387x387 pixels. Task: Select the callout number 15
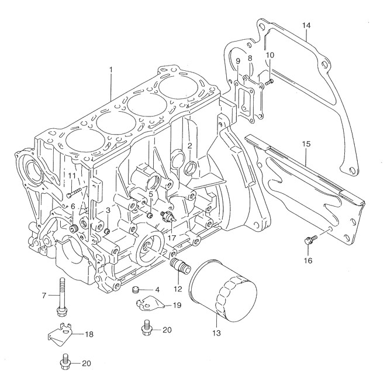point(306,143)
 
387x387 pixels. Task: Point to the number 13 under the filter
point(216,334)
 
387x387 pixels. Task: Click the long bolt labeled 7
point(61,296)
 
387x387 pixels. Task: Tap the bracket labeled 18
point(61,335)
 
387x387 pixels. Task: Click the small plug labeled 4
point(136,289)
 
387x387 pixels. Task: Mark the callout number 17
point(171,238)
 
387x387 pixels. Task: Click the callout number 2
point(190,146)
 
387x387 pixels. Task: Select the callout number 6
point(73,206)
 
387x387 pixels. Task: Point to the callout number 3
point(108,210)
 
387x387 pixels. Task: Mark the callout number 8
point(250,58)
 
